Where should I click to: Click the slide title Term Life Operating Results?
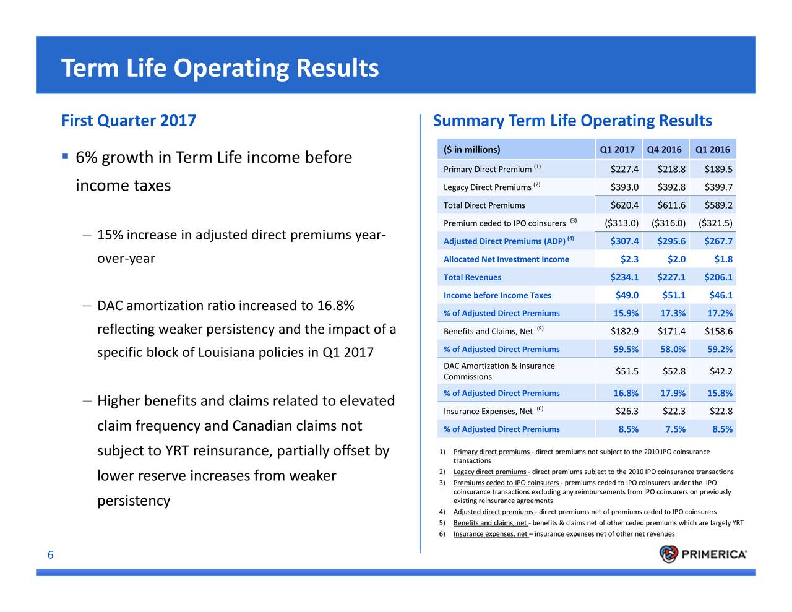click(220, 68)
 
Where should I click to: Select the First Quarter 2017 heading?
click(129, 120)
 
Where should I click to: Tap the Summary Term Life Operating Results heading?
click(572, 121)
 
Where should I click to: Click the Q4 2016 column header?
click(664, 150)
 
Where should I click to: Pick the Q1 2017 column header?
click(617, 150)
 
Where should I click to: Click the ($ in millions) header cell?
click(472, 150)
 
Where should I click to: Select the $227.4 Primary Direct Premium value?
click(624, 170)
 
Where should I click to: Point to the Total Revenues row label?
click(472, 277)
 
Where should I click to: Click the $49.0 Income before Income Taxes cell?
click(627, 295)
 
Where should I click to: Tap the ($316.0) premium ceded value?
click(668, 223)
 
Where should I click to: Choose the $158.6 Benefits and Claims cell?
click(718, 331)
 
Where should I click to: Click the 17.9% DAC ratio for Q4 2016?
click(673, 393)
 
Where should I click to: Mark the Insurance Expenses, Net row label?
click(488, 412)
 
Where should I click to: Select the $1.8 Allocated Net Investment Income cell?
click(723, 259)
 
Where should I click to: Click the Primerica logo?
click(703, 554)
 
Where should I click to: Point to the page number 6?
click(51, 556)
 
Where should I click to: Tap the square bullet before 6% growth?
click(65, 157)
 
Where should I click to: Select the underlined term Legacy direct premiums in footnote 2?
click(490, 472)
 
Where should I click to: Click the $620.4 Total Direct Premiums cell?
click(624, 205)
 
